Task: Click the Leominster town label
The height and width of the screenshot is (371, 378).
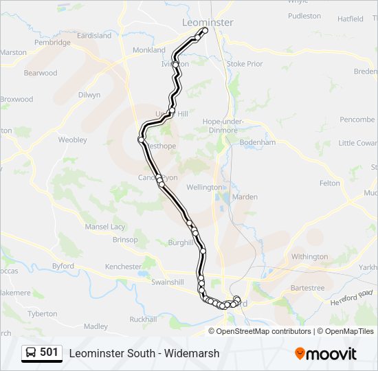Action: [208, 23]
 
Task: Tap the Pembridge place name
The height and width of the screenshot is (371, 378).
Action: [53, 43]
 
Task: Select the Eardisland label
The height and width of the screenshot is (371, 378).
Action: [94, 36]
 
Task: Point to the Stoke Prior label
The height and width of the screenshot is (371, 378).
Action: [245, 64]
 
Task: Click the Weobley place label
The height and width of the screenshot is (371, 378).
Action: [72, 139]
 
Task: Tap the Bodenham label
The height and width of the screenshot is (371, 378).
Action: [258, 142]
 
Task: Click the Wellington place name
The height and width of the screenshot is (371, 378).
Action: [204, 187]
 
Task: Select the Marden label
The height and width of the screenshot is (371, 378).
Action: [245, 197]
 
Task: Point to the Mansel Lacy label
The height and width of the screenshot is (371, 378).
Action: [105, 227]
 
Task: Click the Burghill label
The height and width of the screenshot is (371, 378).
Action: [181, 243]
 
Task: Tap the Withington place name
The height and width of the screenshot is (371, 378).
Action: [309, 257]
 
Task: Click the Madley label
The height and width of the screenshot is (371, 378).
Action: [96, 326]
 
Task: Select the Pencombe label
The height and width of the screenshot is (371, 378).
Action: [357, 120]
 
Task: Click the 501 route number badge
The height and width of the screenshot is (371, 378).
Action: [49, 352]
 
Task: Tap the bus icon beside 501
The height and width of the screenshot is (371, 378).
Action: [32, 353]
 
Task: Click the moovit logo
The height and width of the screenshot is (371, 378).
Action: [326, 354]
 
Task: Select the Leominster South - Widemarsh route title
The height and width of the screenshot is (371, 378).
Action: [144, 353]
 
